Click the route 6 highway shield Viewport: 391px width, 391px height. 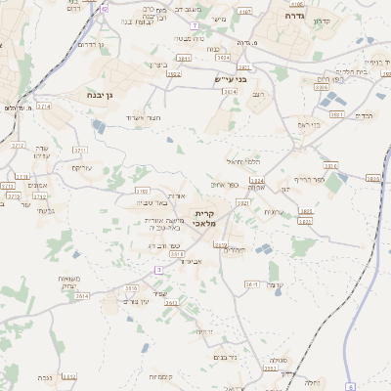[x=350, y=387]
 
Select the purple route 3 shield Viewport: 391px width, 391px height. [x=158, y=269]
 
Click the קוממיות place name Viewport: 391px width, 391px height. [x=161, y=376]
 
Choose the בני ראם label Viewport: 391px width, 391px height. [x=309, y=124]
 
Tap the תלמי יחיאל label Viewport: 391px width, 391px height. [x=240, y=160]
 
